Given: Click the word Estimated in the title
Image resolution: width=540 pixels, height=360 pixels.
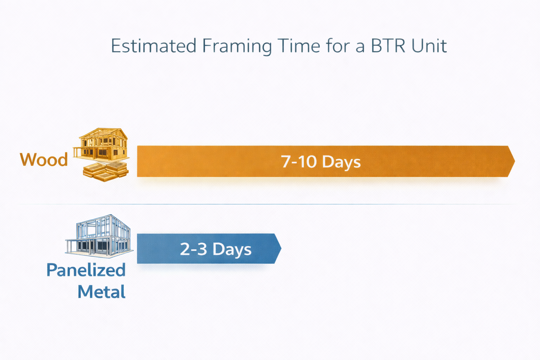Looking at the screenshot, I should coord(153,46).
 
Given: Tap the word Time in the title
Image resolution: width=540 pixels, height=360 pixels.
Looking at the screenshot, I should coord(298,46).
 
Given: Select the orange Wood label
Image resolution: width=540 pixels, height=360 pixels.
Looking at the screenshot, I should coord(44,160).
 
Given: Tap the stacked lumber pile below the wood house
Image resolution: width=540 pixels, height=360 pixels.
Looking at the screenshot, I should coord(105,171).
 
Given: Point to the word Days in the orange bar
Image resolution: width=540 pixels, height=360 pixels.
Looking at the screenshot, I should coord(341,162).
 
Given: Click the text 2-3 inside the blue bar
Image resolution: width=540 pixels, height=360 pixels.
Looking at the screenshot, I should coord(193,249).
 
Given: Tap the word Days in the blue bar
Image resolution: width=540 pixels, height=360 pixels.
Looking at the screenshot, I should coord(232,250).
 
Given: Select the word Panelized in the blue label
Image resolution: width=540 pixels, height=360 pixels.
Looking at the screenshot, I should coord(86,270).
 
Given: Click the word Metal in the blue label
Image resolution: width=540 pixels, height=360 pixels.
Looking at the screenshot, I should coord(102,292).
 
